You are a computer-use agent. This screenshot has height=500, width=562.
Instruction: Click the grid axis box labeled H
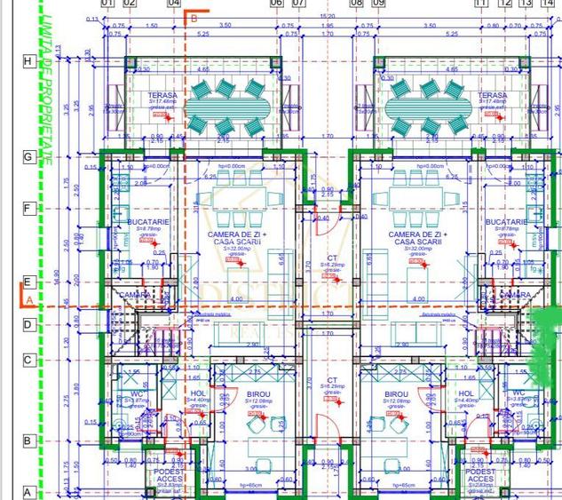click(x=28, y=61)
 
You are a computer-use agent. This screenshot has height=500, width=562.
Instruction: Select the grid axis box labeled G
click(x=28, y=156)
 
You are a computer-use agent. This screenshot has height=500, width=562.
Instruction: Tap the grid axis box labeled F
click(x=28, y=209)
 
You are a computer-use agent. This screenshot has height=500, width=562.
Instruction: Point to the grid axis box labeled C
click(x=28, y=360)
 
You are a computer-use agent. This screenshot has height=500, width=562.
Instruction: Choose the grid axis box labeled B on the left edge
click(x=28, y=440)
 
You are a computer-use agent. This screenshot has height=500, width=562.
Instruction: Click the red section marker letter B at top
click(x=194, y=18)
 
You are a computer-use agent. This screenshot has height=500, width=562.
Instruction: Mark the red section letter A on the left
click(x=28, y=300)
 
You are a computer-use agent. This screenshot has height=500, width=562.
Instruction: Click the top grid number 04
click(x=174, y=4)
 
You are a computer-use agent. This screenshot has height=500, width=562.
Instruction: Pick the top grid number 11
click(x=482, y=4)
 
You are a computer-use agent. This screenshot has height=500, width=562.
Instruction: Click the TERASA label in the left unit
click(x=162, y=95)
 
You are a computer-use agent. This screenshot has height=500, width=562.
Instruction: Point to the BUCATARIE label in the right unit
click(x=508, y=222)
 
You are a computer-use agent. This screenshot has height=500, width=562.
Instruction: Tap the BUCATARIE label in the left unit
click(x=141, y=222)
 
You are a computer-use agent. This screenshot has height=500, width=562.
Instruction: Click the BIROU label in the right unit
click(x=396, y=393)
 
